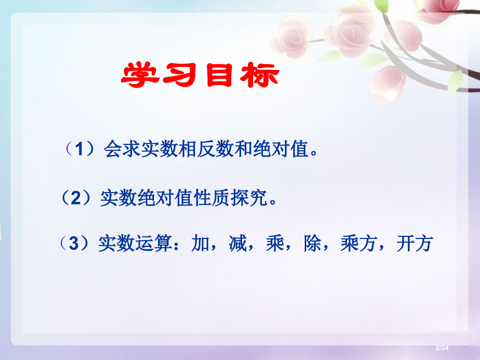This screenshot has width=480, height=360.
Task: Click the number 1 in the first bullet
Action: (79, 150)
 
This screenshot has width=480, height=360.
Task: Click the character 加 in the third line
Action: (200, 243)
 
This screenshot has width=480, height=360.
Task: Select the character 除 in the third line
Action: (313, 243)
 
